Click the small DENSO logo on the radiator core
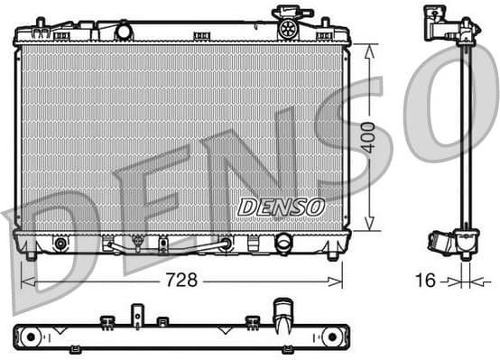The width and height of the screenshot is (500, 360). pos(281,207)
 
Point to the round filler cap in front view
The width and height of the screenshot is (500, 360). pos(289,26)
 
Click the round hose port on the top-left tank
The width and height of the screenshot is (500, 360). pos(124,32)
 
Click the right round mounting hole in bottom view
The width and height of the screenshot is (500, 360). pos(332,336)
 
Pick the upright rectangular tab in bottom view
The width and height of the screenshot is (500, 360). pos(138,315)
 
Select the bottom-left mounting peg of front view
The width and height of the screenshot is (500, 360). pos(32,255)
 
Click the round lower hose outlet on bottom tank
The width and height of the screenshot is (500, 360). pos(283,244)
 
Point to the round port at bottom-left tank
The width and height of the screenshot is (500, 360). pos(60,243)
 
